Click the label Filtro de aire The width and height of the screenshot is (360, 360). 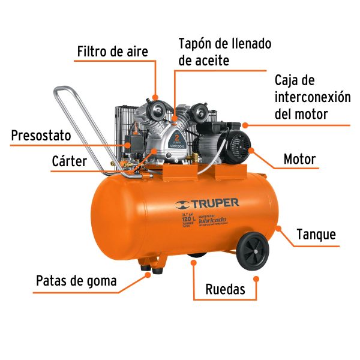tap(112, 52)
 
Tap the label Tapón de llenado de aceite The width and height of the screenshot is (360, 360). tap(224, 52)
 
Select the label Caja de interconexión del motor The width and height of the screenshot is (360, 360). tap(312, 97)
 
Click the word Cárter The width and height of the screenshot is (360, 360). tap(70, 161)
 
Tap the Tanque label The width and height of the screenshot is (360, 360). tap(316, 234)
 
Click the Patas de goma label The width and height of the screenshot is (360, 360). tap(76, 281)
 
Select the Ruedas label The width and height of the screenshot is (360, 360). tap(225, 290)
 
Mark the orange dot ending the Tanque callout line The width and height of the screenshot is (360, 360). tap(278, 227)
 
